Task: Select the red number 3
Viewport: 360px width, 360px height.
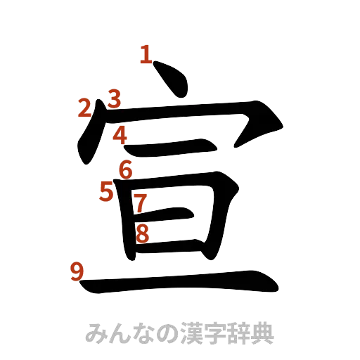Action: click(114, 98)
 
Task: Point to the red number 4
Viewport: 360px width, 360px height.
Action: click(120, 134)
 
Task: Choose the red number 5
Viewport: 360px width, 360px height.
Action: click(106, 191)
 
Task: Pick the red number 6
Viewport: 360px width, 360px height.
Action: click(126, 169)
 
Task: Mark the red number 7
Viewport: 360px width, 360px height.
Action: click(140, 203)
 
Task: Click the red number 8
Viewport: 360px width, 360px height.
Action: click(142, 233)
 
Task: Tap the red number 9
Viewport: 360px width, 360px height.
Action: click(77, 270)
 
